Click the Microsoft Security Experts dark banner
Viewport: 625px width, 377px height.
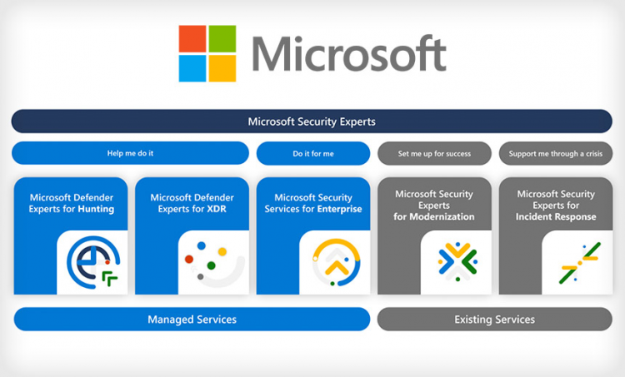click(x=312, y=122)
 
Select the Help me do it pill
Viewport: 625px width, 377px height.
click(x=130, y=153)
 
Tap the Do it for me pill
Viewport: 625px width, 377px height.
click(x=312, y=153)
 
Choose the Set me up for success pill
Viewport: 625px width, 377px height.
click(x=434, y=153)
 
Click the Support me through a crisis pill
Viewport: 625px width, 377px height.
click(x=555, y=153)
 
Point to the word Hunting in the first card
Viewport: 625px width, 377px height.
click(x=96, y=210)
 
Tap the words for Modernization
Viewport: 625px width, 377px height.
click(x=434, y=216)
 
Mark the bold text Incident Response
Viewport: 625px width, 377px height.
click(x=556, y=216)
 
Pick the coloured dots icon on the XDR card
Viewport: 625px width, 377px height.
click(x=210, y=263)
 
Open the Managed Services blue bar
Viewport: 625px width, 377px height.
click(x=192, y=320)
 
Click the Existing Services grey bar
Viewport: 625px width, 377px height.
click(x=494, y=320)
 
